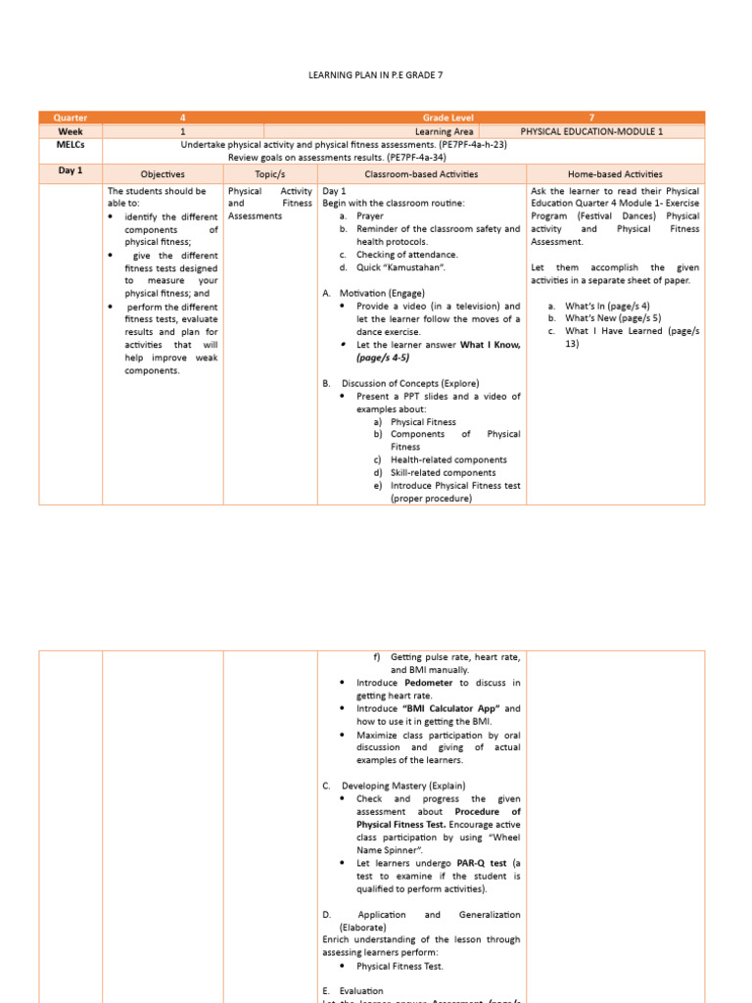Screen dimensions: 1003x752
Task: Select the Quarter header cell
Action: pos(70,118)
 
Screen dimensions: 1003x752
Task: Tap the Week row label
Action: pos(70,131)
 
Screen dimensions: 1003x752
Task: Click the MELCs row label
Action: pos(70,144)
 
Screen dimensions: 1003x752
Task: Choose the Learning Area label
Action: pos(444,131)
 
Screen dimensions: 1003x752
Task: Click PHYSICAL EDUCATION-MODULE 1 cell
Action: pos(591,131)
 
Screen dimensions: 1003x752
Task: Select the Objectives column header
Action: pos(163,173)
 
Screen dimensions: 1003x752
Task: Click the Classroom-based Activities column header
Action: pos(421,173)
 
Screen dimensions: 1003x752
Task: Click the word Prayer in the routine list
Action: pos(370,216)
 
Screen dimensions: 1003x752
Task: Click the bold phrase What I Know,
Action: pos(491,345)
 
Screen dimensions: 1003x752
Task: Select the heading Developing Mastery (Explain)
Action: pos(403,786)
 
